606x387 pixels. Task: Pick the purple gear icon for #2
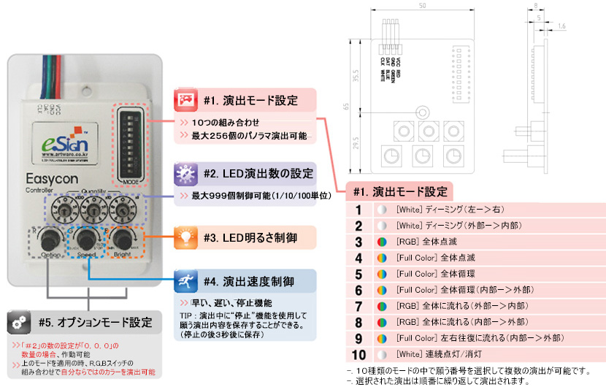[x=185, y=174]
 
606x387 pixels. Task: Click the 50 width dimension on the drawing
[x=422, y=7]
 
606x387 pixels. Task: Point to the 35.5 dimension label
[x=356, y=75]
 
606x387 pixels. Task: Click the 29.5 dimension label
[x=356, y=141]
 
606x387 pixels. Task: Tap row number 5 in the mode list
[x=358, y=274]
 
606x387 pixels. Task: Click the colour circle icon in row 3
[x=381, y=241]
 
